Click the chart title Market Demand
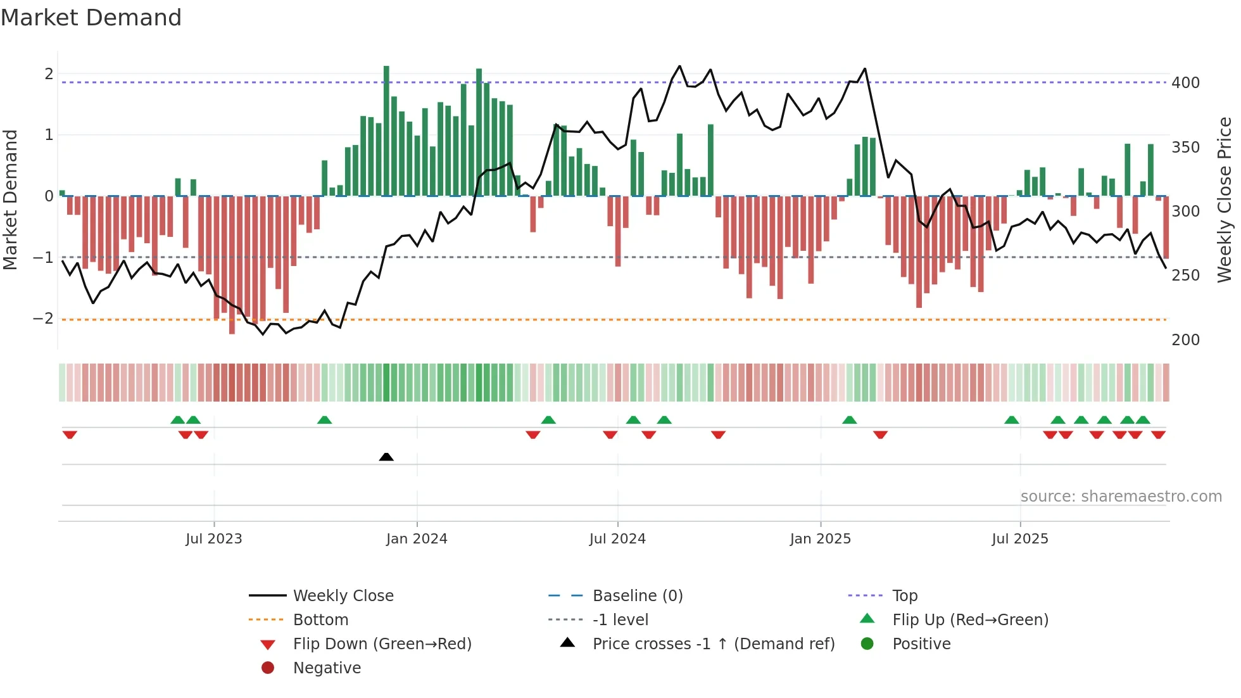click(91, 18)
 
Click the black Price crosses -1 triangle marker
click(386, 457)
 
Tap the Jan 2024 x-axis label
click(417, 539)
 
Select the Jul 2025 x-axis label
click(1020, 539)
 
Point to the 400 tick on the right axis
click(1185, 83)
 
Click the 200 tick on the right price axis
click(1185, 340)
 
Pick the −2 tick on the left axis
click(43, 319)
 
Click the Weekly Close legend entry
click(343, 596)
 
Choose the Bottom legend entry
click(320, 620)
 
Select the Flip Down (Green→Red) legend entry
click(382, 644)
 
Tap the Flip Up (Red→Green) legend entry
click(970, 620)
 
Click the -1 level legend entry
click(620, 620)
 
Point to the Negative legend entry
click(327, 668)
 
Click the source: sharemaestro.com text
click(1121, 497)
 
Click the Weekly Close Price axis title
click(1225, 200)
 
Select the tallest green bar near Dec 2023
click(386, 130)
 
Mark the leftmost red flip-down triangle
click(70, 435)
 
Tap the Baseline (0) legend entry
click(637, 596)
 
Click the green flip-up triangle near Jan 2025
click(850, 420)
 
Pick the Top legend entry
click(904, 596)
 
